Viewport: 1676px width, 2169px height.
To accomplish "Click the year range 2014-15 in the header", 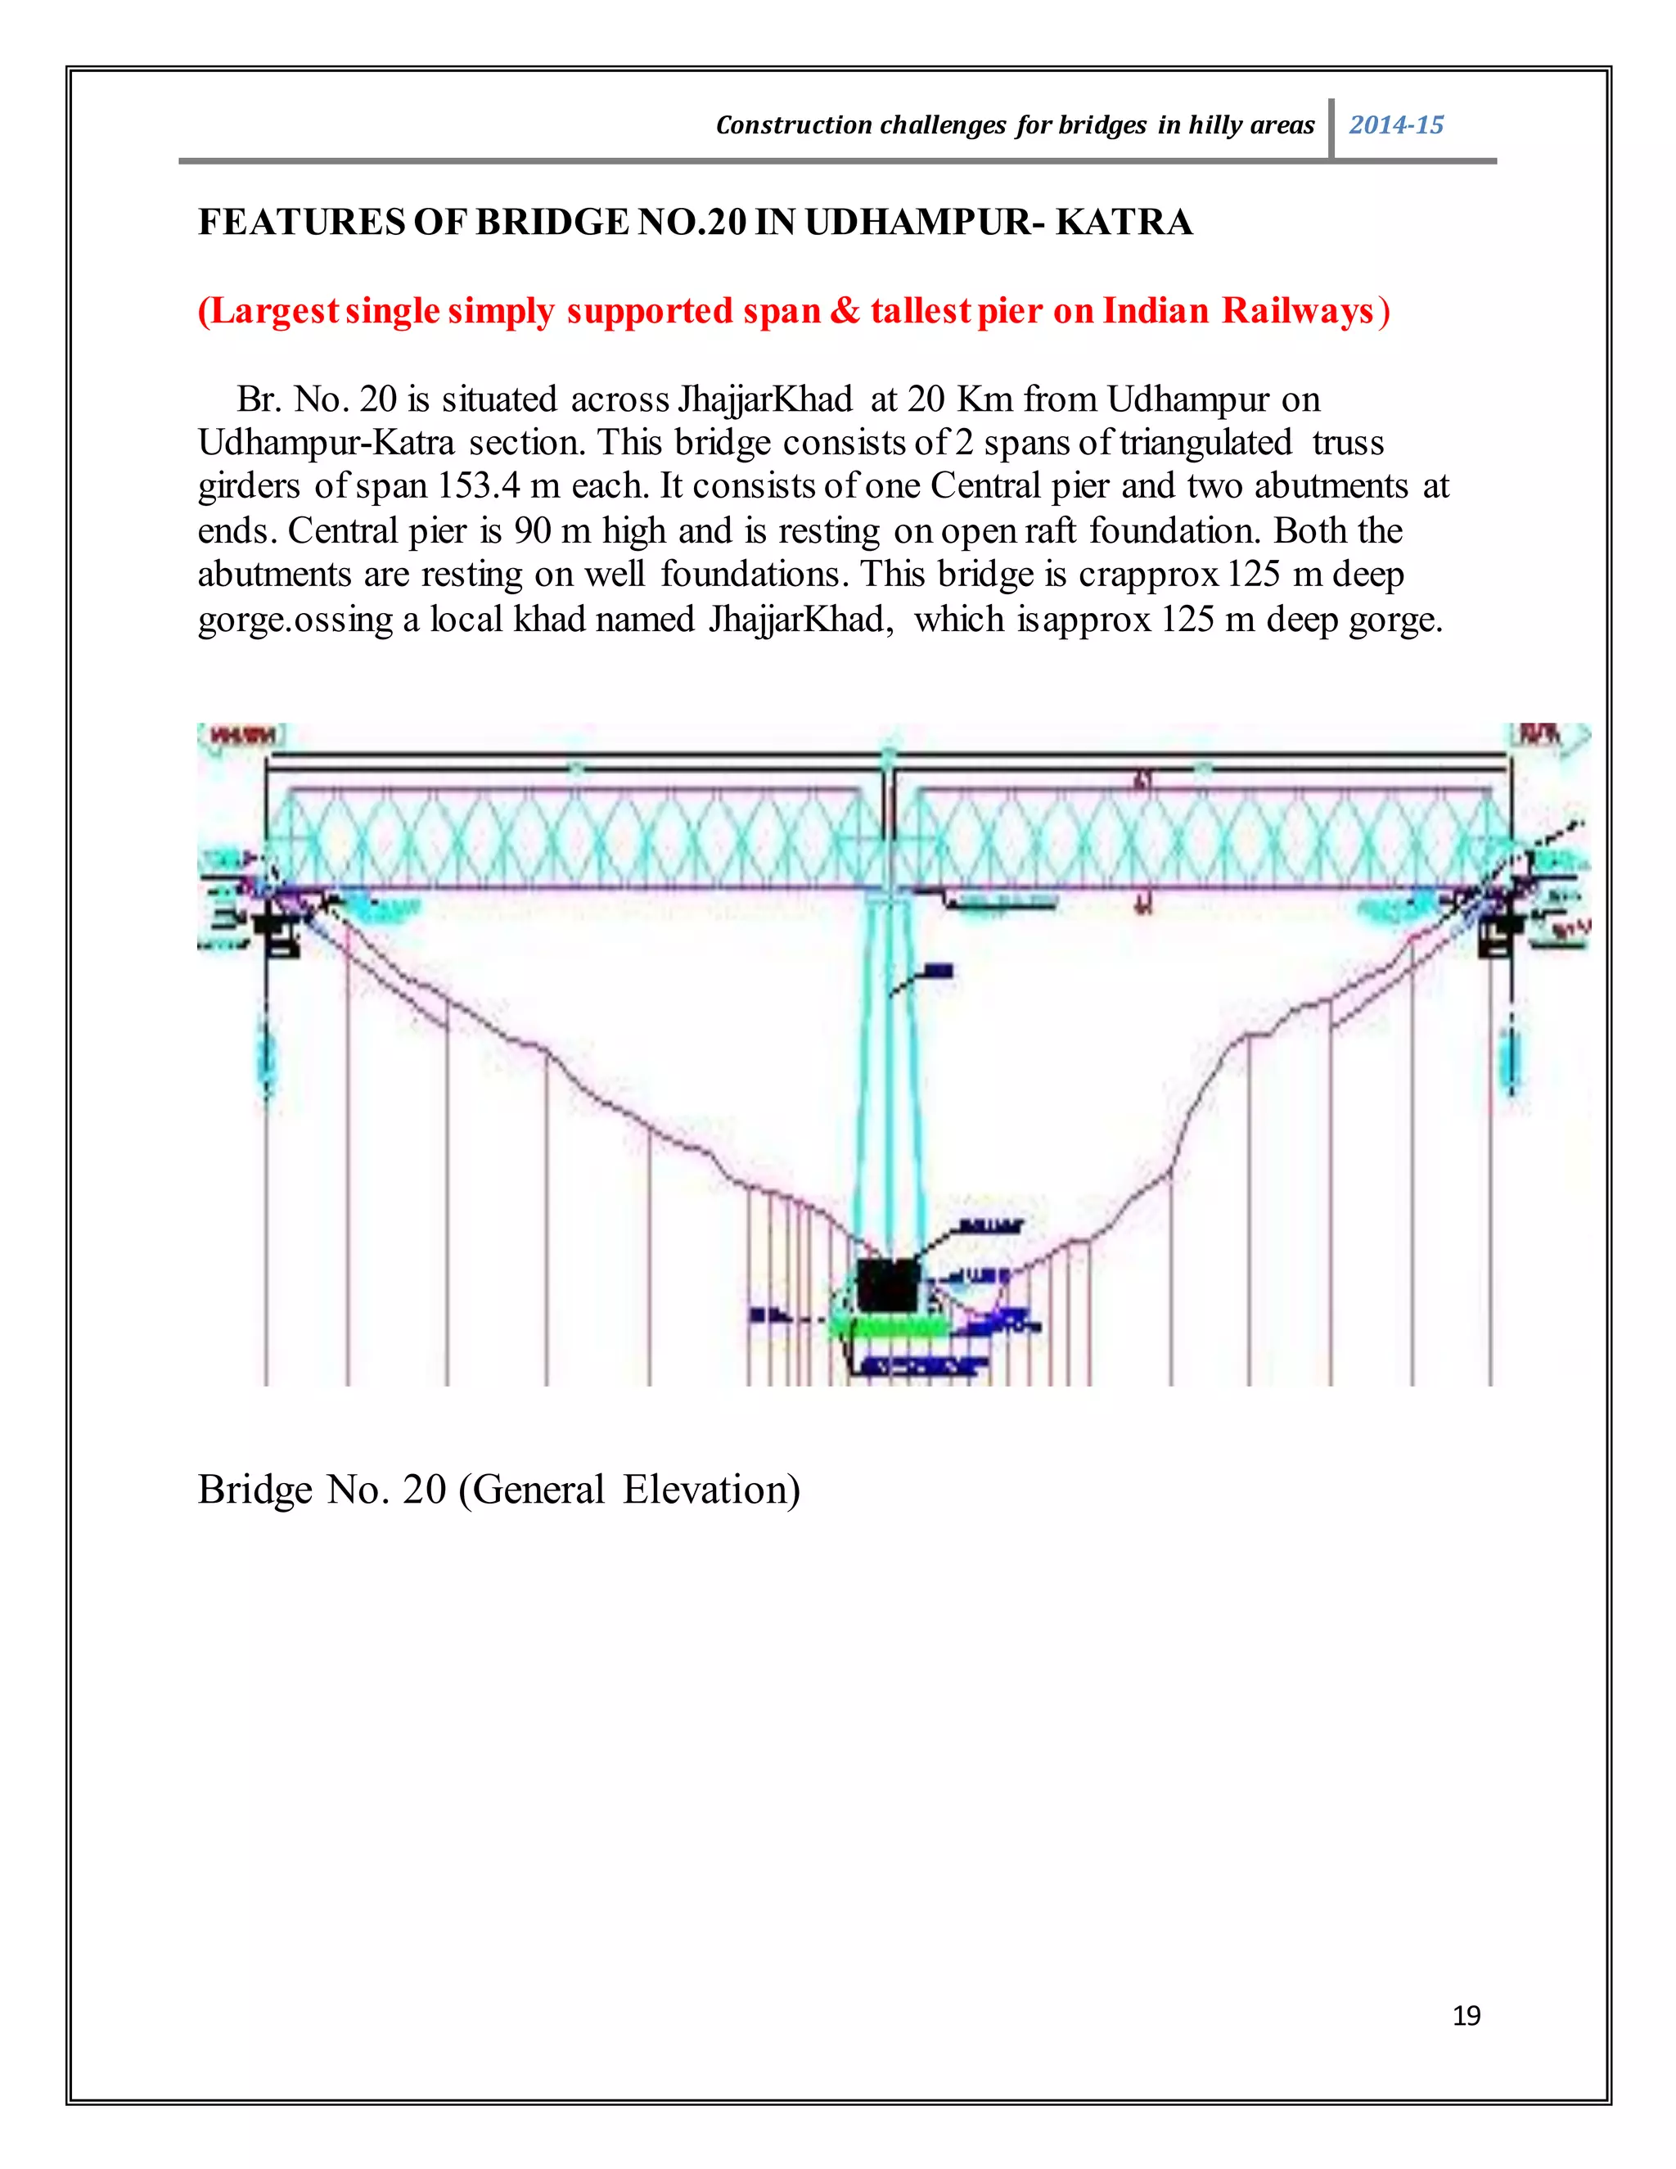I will point(1395,125).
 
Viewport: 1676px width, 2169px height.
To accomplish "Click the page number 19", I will point(1466,2015).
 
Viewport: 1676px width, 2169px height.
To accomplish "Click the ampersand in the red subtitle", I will point(845,311).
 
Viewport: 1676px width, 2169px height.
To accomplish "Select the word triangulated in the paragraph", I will point(1205,442).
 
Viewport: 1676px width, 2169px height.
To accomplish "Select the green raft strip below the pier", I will point(886,1327).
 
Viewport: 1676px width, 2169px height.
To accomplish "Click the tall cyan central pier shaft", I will point(889,1072).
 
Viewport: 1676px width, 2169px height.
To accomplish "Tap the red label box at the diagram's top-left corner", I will point(241,736).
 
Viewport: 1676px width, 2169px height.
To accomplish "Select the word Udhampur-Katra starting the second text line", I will point(326,442).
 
